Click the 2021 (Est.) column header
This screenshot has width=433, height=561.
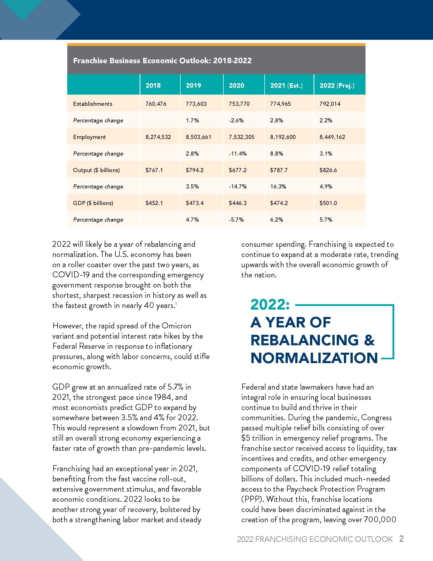[286, 85]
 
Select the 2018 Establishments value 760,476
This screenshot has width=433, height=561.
[156, 104]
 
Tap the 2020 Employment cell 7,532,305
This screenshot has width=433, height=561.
[241, 137]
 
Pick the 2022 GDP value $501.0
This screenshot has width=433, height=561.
[328, 203]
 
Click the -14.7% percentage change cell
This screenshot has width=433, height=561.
[238, 186]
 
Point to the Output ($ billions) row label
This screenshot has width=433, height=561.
[96, 170]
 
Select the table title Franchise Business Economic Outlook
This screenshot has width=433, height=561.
[162, 61]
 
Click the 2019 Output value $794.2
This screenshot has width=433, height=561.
[195, 170]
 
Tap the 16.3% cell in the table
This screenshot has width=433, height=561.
[278, 186]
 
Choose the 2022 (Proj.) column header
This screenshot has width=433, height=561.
[337, 85]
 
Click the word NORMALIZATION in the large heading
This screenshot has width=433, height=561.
[314, 358]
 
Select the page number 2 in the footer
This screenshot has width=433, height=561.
[401, 539]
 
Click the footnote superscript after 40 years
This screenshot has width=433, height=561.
[176, 304]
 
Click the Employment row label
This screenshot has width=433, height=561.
[89, 137]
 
